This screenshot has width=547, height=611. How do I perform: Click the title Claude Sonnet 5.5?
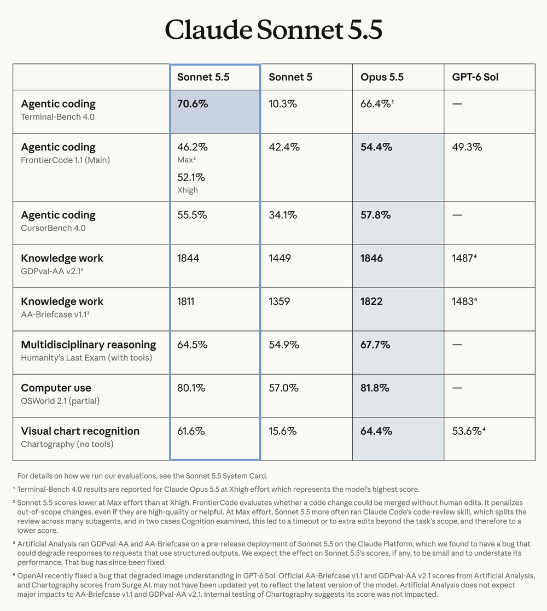click(x=273, y=29)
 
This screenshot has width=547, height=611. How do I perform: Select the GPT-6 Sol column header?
click(x=475, y=77)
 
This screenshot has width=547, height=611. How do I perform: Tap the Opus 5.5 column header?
click(x=382, y=77)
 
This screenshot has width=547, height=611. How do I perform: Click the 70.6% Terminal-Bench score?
click(x=193, y=103)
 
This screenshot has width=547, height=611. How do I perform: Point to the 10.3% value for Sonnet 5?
click(x=282, y=103)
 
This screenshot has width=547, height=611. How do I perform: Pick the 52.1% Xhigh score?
click(x=191, y=177)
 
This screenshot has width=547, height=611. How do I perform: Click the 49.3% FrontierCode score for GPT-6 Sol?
click(x=467, y=147)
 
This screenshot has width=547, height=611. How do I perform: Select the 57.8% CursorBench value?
click(x=375, y=215)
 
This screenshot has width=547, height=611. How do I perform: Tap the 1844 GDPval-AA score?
click(x=188, y=258)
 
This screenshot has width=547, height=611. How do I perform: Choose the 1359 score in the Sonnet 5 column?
click(x=280, y=301)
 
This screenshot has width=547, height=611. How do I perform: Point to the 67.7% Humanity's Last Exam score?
click(x=375, y=345)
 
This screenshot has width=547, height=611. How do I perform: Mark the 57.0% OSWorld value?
click(x=284, y=388)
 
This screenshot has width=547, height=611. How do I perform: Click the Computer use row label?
click(x=56, y=388)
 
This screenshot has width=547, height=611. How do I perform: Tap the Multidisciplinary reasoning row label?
click(x=89, y=345)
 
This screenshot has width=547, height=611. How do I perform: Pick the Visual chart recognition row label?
click(x=80, y=431)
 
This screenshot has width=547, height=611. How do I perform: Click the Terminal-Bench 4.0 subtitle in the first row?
click(x=57, y=117)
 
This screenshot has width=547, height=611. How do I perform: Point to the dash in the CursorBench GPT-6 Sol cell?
click(x=457, y=215)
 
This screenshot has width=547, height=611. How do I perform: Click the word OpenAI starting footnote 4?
click(x=31, y=575)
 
